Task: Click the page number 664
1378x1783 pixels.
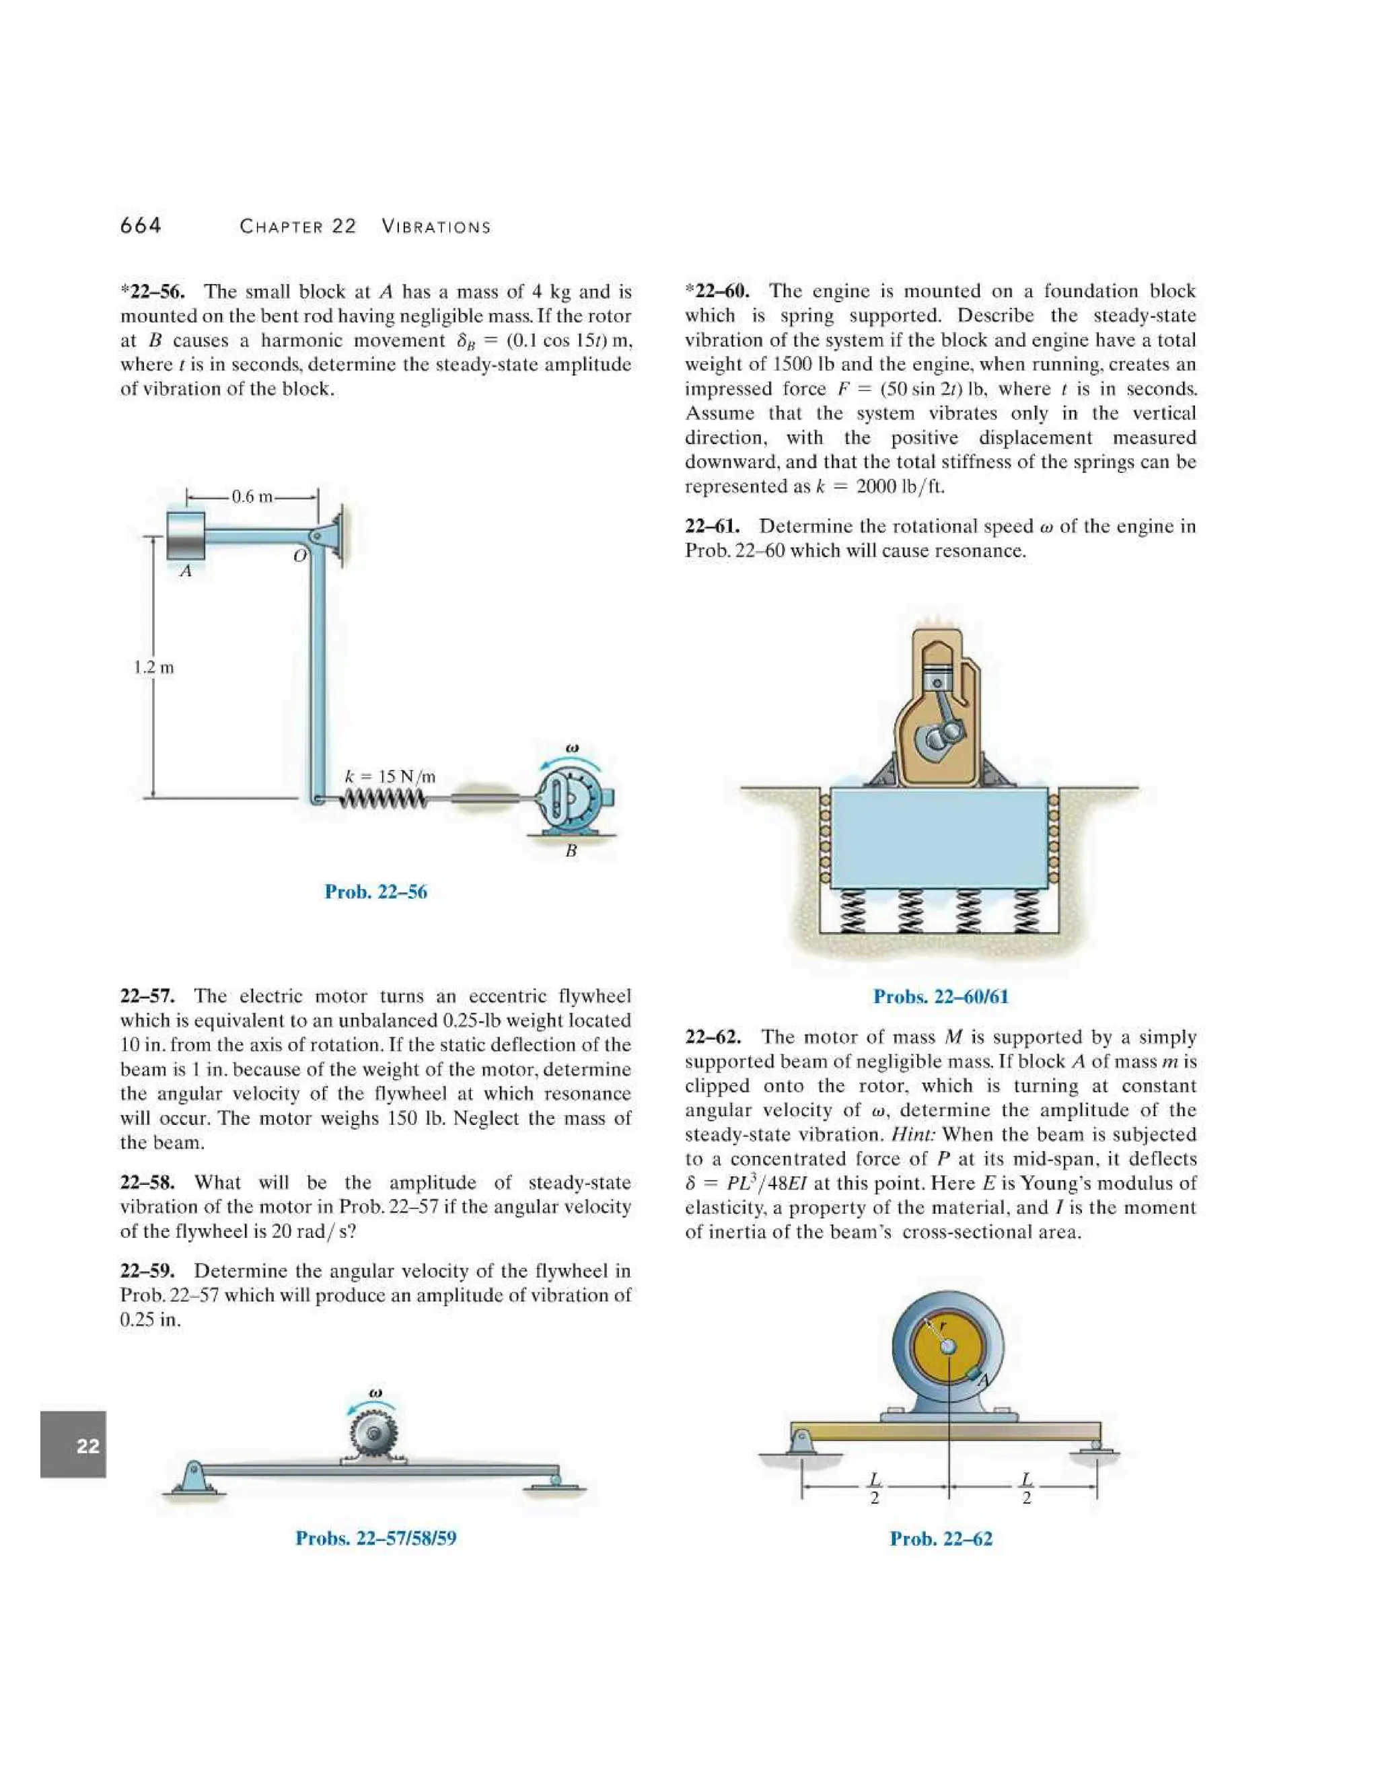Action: [x=141, y=225]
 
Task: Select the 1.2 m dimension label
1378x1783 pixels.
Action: [x=153, y=667]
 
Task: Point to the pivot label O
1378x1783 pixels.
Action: [x=299, y=556]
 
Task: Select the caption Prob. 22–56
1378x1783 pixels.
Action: [x=375, y=891]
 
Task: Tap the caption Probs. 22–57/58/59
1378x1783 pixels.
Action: [x=375, y=1538]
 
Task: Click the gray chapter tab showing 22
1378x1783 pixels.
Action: [x=73, y=1445]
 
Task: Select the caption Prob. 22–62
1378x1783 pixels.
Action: [x=941, y=1539]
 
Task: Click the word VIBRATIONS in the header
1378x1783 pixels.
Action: [x=436, y=227]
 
